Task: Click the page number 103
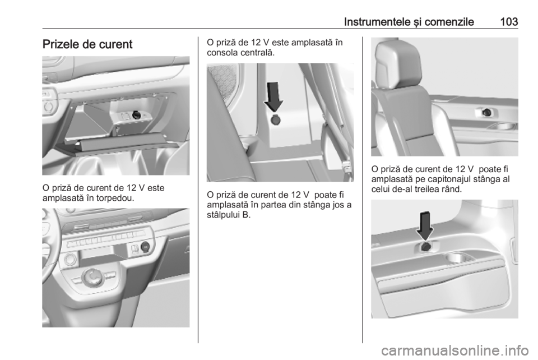[x=509, y=22]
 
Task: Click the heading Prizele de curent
[x=87, y=44]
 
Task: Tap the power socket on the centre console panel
[x=145, y=246]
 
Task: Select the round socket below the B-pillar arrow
[x=275, y=120]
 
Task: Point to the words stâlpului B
[x=229, y=215]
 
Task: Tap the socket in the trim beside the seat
[x=486, y=112]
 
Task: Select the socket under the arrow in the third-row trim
[x=426, y=246]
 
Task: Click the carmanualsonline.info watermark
[x=455, y=350]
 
